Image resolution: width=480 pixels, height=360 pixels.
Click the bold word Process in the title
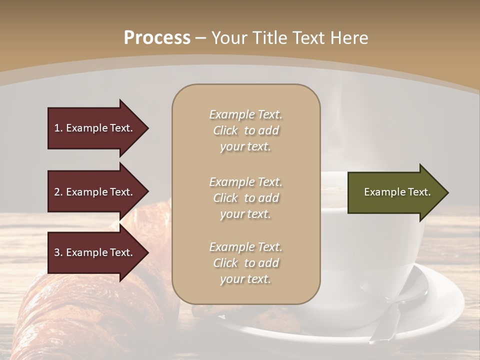[157, 38]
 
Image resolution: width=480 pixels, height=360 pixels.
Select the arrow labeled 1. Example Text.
[95, 128]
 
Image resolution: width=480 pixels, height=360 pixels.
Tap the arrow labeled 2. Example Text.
[95, 192]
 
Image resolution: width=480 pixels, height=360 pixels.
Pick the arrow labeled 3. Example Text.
[95, 252]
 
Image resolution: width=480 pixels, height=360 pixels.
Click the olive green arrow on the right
[395, 192]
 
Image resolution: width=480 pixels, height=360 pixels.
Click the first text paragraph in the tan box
[245, 130]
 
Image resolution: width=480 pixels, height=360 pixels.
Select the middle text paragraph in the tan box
[245, 197]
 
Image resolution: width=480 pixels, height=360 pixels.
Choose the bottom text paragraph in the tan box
[245, 263]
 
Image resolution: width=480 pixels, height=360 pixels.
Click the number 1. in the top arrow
[58, 128]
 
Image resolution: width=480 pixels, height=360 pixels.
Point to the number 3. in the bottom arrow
[58, 252]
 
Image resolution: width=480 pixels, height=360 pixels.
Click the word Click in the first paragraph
[225, 130]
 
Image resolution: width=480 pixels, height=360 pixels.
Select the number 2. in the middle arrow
[58, 192]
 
